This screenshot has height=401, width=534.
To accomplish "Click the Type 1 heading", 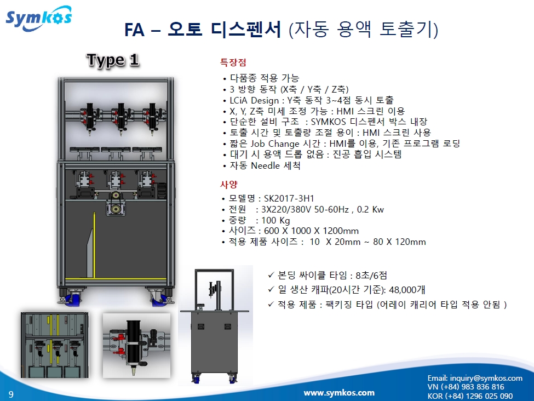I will pos(113,60).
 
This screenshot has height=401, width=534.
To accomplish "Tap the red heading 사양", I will pos(228,184).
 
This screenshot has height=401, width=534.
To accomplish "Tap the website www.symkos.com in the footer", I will pos(339,392).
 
